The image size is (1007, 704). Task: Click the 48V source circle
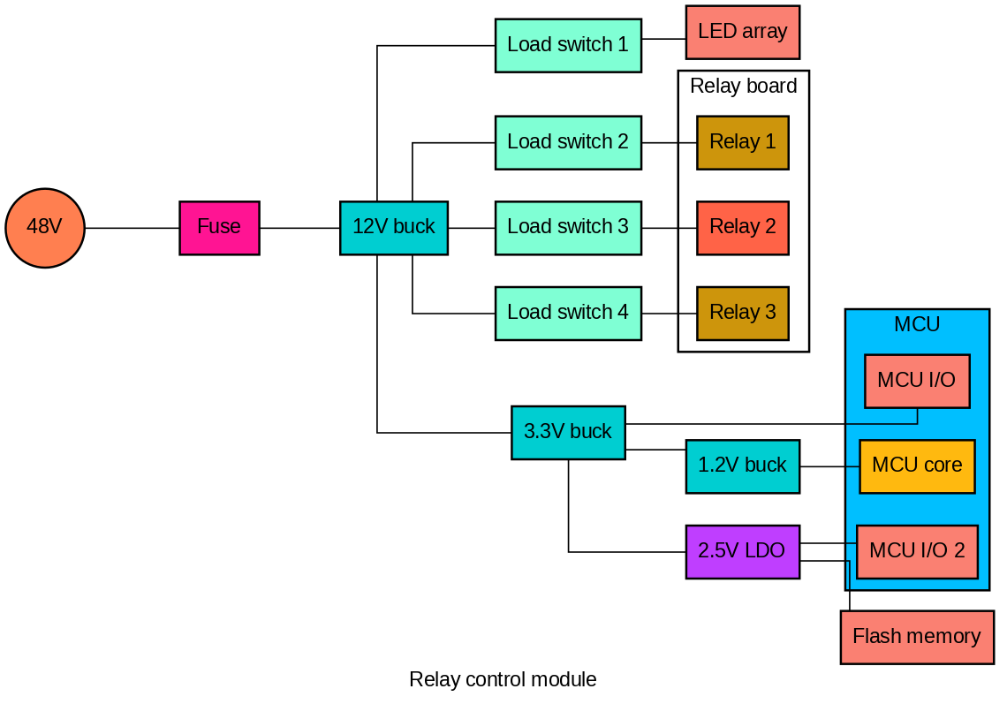coord(45,228)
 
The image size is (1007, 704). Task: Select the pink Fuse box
coord(220,228)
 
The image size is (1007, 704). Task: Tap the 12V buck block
coord(394,228)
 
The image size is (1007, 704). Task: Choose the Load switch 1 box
coord(568,46)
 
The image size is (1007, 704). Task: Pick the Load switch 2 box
coord(568,142)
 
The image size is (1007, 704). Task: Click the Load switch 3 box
coord(568,228)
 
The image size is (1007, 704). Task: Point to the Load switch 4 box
coord(568,314)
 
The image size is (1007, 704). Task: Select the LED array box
coord(743,32)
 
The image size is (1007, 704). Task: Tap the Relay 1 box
coord(743,142)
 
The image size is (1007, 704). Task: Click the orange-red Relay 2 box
coord(743,228)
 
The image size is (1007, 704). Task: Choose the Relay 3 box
coord(743,314)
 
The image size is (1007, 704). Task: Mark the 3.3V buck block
coord(568,433)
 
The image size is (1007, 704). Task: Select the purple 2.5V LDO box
coord(743,552)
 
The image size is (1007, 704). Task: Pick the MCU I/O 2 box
coord(917,552)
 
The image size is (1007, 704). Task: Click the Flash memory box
coord(917,638)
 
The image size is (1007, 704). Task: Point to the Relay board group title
coord(744,86)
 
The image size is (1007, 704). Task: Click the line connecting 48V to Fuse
coord(132,228)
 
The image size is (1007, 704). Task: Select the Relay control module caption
coord(503,679)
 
